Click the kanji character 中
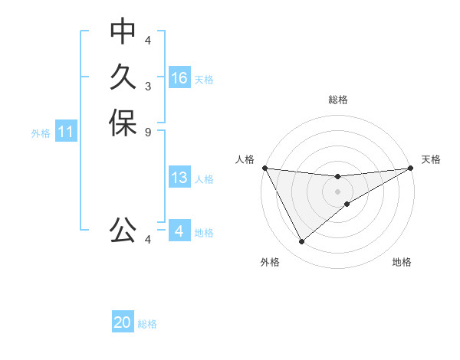pos(123,31)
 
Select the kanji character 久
pos(123,77)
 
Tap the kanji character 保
pos(123,123)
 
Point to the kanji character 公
pos(123,230)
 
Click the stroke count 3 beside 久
pos(148,86)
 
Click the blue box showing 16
pos(179,78)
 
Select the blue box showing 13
pos(179,178)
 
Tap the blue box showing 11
pos(66,132)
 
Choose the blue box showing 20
pos(123,322)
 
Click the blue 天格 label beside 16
pos(204,79)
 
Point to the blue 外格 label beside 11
pos(41,133)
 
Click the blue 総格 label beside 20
pos(147,323)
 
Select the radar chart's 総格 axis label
pos(338,100)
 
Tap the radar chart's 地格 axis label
pos(402,262)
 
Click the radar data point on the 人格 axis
pos(264,168)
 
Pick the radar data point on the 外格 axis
pos(301,242)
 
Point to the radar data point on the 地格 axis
pos(347,203)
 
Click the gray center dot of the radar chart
pos(338,191)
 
